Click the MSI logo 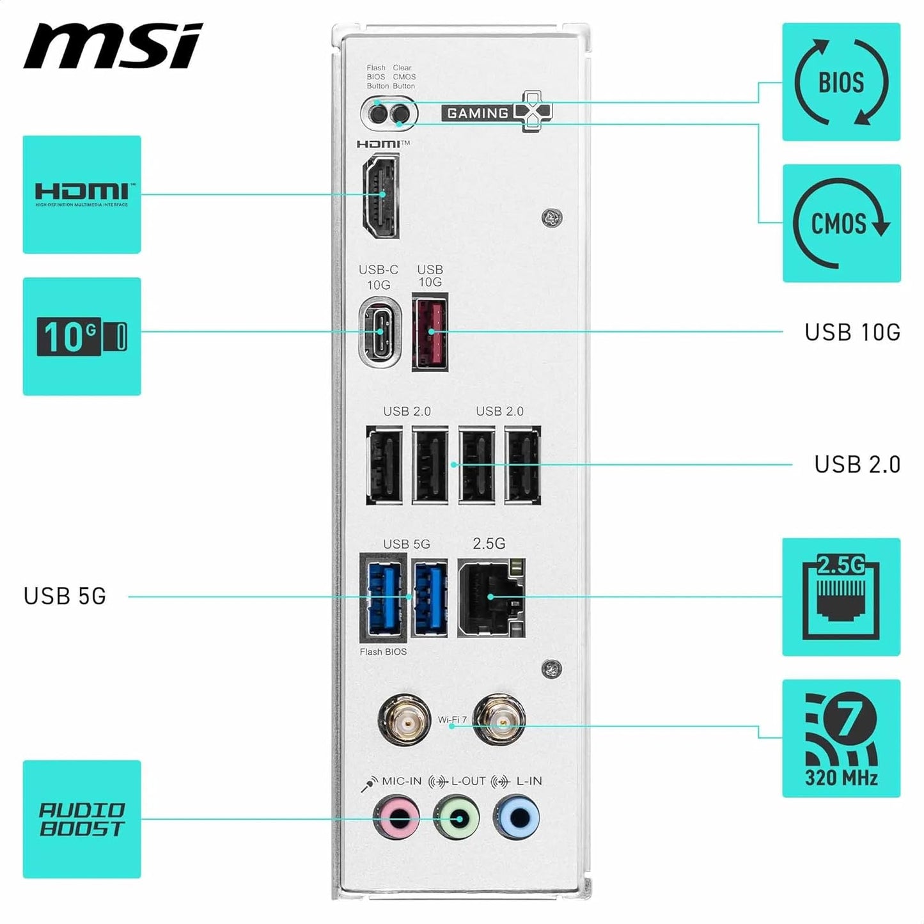click(113, 46)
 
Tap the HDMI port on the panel click(381, 196)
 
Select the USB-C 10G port click(380, 332)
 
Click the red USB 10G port click(430, 332)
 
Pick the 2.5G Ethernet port click(491, 597)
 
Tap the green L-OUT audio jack click(457, 817)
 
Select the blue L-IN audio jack click(517, 817)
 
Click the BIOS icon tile click(841, 82)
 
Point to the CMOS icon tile click(842, 223)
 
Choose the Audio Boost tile click(82, 819)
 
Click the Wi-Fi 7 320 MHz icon click(841, 738)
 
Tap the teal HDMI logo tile click(82, 194)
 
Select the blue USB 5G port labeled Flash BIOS click(384, 597)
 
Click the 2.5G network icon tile click(841, 597)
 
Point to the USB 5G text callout click(65, 596)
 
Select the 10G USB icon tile click(82, 336)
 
